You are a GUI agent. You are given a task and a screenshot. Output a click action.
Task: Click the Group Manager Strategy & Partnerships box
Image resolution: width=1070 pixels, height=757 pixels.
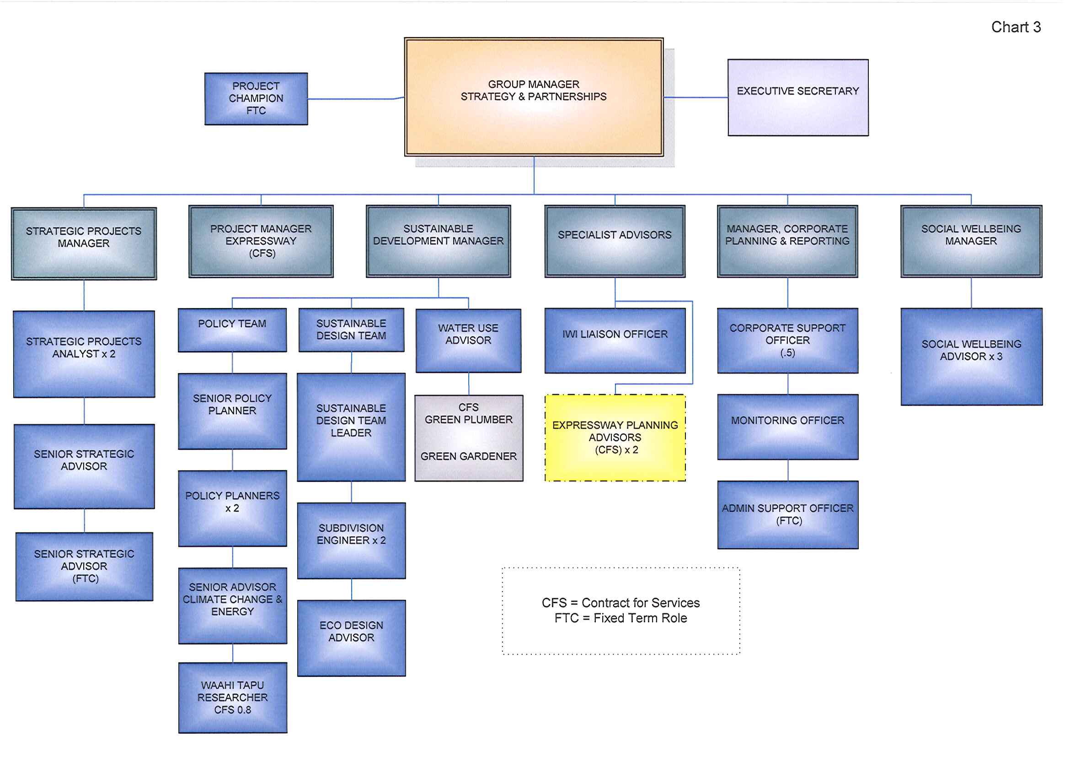(534, 97)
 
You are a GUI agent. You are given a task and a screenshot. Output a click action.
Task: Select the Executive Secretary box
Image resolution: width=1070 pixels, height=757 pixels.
(797, 97)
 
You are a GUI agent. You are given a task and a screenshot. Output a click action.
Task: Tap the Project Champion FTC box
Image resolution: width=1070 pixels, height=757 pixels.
(256, 99)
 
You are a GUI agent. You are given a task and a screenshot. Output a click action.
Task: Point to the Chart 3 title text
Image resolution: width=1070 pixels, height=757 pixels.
(1016, 27)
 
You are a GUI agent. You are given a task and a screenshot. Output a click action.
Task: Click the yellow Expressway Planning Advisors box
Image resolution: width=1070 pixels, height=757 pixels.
(615, 438)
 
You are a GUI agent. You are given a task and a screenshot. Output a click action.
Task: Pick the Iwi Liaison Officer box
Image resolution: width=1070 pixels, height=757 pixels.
(615, 340)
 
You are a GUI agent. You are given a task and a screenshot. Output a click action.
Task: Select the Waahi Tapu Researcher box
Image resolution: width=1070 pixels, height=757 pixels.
(233, 698)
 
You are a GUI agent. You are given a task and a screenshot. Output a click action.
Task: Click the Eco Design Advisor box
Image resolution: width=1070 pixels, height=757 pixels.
(351, 638)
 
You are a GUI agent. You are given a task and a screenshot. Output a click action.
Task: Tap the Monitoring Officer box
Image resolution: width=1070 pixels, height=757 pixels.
(787, 427)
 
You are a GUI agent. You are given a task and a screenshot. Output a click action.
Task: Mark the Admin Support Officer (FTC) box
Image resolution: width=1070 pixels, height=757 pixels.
(787, 514)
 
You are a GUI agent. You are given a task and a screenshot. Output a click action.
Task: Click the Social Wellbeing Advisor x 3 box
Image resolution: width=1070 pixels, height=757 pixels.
(971, 357)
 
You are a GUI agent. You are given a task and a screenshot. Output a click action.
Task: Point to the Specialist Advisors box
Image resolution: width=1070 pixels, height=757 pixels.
(615, 241)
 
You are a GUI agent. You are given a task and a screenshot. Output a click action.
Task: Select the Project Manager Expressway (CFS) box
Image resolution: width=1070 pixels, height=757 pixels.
(261, 241)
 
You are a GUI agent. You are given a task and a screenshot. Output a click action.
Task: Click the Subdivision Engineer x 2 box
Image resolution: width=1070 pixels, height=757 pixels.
(351, 540)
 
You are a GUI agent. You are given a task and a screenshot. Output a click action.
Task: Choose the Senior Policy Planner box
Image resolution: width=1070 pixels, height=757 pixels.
(232, 411)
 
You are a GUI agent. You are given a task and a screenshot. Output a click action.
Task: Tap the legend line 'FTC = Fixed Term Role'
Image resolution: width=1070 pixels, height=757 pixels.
(621, 618)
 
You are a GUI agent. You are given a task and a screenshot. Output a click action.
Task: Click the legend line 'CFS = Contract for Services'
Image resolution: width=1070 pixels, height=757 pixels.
(621, 603)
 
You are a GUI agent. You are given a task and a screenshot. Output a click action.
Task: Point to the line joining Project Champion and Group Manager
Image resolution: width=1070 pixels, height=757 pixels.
(354, 99)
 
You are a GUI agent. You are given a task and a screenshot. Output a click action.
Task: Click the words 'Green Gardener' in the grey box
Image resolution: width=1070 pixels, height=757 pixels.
(468, 456)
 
